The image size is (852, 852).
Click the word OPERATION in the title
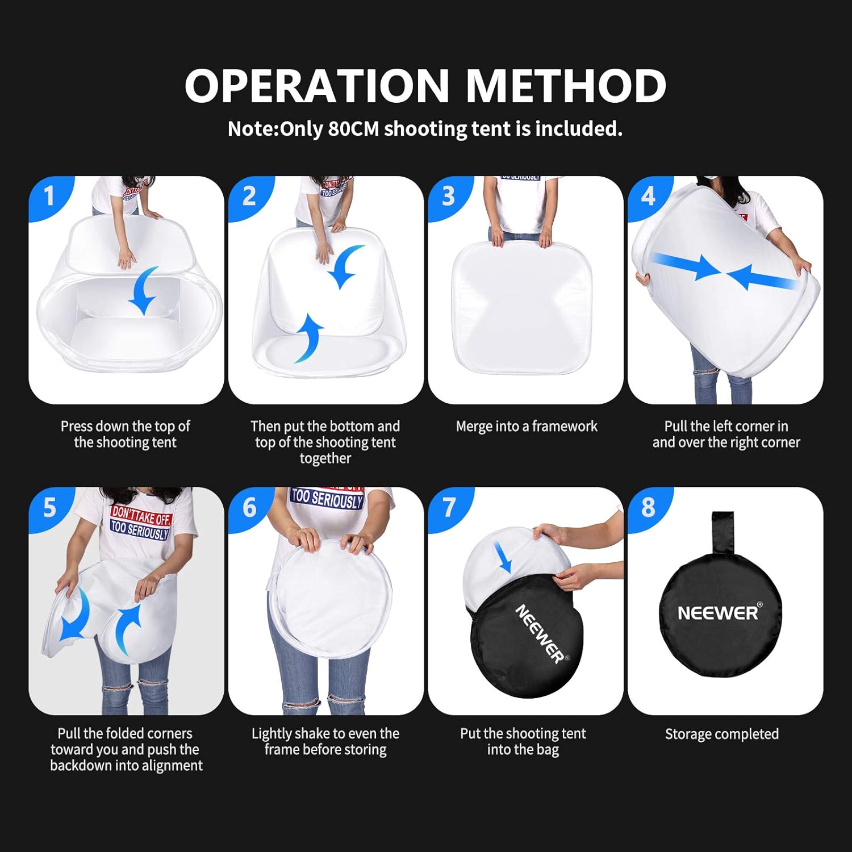coord(317,85)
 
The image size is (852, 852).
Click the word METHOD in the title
coord(566,85)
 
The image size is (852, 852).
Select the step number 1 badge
coord(50,197)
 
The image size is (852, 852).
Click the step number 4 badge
coord(649,197)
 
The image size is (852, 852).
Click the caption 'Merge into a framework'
coord(527,427)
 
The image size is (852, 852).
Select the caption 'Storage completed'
coord(722,734)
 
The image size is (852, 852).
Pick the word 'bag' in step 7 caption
coord(548,750)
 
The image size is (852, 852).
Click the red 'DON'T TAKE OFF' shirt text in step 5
coord(141,515)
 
